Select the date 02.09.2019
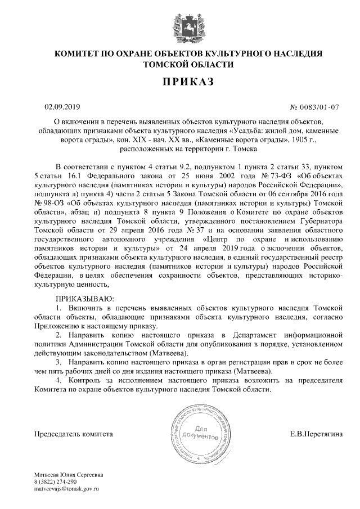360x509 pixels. coord(62,106)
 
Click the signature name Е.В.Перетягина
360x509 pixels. coord(316,434)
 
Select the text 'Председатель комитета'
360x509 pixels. coord(74,434)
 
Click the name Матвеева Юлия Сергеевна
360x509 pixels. coord(68,475)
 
